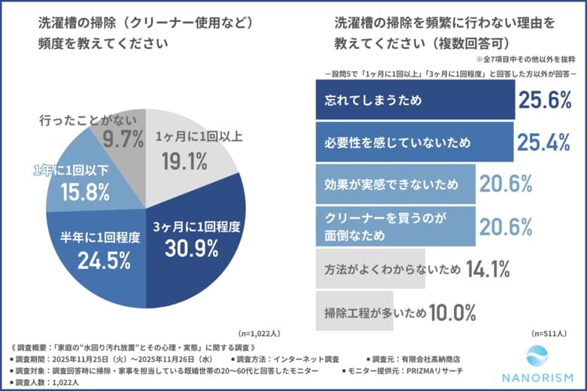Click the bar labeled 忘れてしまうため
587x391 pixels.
point(414,99)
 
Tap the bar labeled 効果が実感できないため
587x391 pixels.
point(395,183)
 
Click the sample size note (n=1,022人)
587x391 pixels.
point(260,332)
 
